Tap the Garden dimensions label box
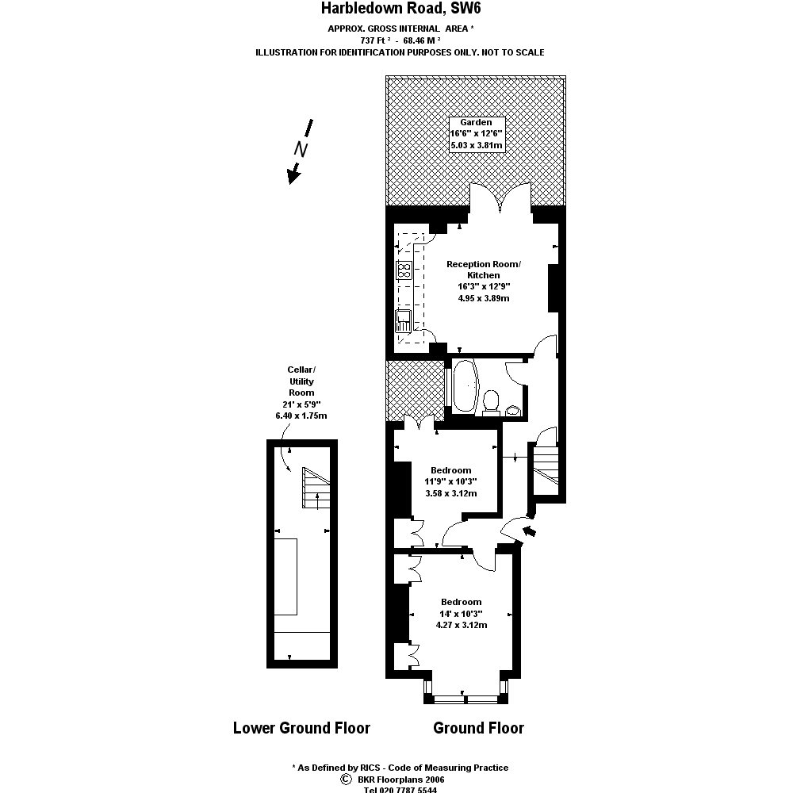(477, 134)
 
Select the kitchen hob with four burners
(404, 271)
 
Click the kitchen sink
(404, 320)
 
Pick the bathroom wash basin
(514, 410)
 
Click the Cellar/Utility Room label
(301, 393)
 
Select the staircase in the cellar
(315, 488)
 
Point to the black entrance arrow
(529, 531)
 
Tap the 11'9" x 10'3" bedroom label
(450, 481)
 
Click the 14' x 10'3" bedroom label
(461, 613)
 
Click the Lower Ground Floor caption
(301, 728)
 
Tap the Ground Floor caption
(478, 728)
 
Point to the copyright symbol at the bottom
(345, 780)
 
